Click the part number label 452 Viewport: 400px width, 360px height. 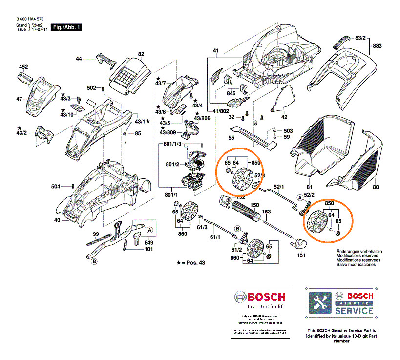pyautogui.click(x=23, y=67)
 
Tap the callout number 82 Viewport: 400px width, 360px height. pyautogui.click(x=141, y=54)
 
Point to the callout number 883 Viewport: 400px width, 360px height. pyautogui.click(x=377, y=46)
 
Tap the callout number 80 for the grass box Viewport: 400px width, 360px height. pyautogui.click(x=376, y=187)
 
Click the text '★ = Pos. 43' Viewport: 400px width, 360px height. pyautogui.click(x=194, y=263)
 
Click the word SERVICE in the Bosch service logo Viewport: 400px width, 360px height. pyautogui.click(x=354, y=310)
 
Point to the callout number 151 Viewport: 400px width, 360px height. pyautogui.click(x=301, y=254)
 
